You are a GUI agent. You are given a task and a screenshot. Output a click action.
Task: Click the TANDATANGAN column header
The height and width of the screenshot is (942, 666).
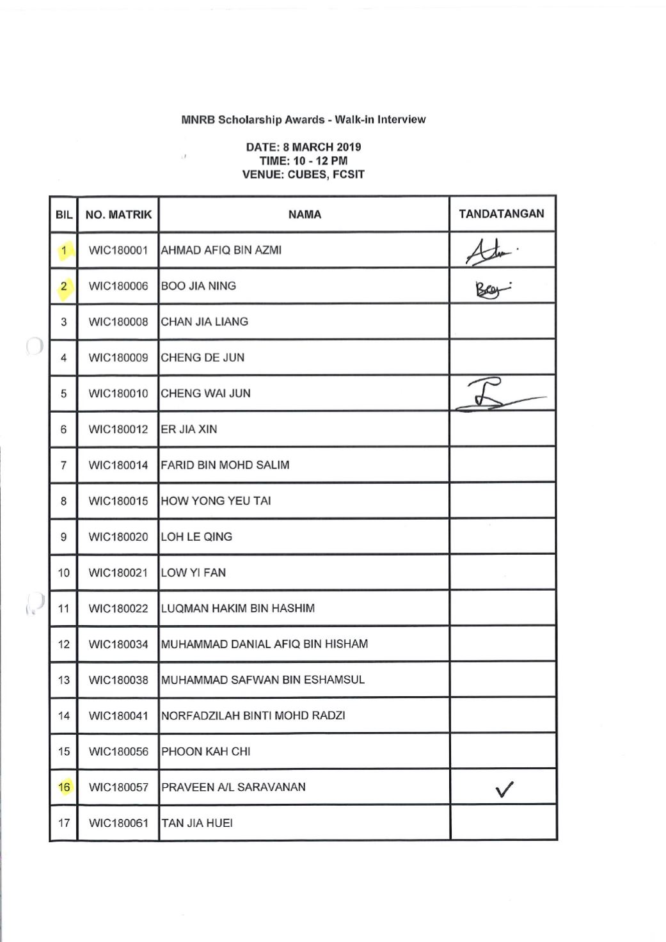click(502, 214)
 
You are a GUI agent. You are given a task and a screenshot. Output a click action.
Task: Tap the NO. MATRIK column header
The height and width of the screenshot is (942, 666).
click(118, 214)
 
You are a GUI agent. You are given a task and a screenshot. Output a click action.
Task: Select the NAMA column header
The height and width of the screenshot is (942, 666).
click(305, 214)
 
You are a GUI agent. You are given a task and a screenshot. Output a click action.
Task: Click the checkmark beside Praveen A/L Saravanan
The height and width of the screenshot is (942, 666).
click(504, 790)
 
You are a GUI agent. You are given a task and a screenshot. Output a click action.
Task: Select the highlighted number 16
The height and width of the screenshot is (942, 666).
click(64, 787)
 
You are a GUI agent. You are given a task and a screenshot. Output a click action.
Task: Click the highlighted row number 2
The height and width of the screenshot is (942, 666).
click(63, 286)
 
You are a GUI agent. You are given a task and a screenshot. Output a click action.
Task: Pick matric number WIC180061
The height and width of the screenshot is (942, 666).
click(118, 823)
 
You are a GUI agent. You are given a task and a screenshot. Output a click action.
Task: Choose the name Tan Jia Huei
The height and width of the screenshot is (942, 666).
click(197, 823)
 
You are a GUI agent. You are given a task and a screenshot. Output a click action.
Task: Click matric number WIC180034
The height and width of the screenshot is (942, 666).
click(118, 644)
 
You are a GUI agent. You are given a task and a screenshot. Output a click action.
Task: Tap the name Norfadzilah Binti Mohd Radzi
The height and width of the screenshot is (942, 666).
click(253, 715)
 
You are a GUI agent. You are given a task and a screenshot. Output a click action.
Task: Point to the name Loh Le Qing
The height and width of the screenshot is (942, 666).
click(196, 537)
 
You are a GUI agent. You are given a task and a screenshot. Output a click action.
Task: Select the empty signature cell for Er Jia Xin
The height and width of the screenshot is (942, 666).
click(502, 429)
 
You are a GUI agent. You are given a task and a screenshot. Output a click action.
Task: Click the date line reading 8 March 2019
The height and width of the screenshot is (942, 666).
click(303, 147)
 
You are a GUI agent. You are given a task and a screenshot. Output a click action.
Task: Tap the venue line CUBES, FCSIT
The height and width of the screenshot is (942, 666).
click(303, 174)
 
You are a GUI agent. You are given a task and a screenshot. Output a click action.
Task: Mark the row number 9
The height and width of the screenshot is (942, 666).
click(63, 537)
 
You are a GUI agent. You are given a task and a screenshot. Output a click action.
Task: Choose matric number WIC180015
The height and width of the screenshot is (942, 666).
click(118, 501)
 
